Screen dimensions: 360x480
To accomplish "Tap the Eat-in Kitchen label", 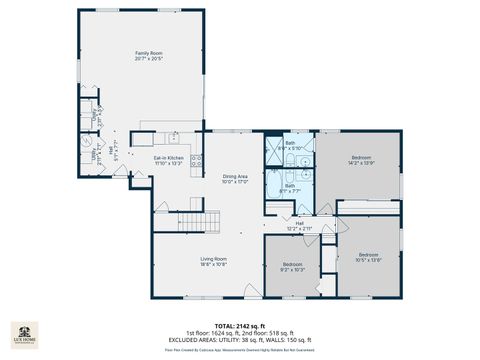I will (x=168, y=157).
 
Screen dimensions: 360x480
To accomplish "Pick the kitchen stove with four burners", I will (x=196, y=160).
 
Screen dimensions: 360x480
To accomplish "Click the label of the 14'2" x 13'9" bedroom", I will (x=361, y=157).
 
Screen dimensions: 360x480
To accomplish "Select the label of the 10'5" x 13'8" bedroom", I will (x=368, y=252).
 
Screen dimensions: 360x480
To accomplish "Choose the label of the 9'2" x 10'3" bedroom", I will (x=291, y=263).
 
